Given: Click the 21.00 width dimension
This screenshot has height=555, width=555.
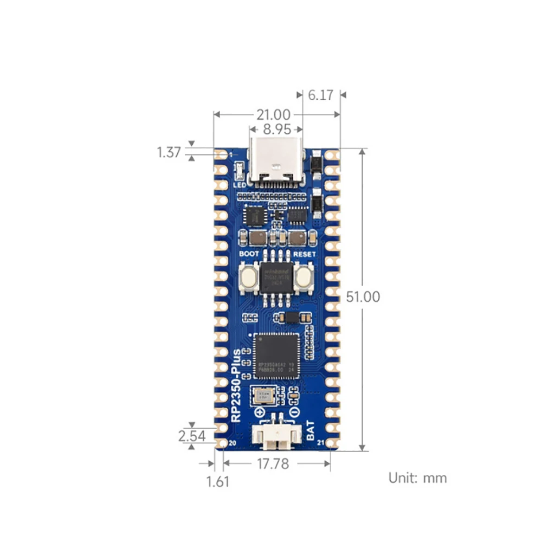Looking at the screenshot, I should tap(274, 114).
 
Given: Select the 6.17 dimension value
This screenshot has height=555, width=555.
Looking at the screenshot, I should tap(321, 95).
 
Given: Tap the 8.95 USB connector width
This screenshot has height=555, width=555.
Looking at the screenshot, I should tap(276, 130).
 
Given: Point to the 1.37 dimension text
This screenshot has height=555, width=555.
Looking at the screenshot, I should tap(169, 152).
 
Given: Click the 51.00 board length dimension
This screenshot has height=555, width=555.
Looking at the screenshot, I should tap(363, 296).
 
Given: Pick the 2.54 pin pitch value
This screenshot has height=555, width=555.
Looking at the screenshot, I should tap(191, 435).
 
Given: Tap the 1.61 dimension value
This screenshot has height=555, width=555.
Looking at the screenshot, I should tap(218, 481).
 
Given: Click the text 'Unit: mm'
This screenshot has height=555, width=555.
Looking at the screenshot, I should tap(417, 477).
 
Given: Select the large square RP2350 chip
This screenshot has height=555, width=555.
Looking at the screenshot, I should tap(276, 355).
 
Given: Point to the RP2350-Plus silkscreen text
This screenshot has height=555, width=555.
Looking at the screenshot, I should tap(236, 386).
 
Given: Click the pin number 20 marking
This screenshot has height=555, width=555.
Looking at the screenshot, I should tap(233, 443).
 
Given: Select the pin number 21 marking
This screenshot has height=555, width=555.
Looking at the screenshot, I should tap(320, 443).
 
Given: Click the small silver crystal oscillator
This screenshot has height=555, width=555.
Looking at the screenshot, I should tap(264, 396).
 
